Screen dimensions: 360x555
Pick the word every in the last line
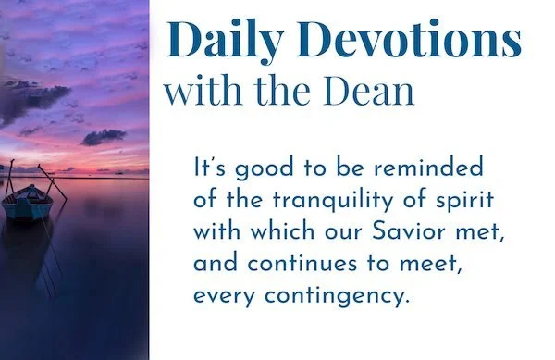pyautogui.click(x=219, y=298)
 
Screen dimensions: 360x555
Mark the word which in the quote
pyautogui.click(x=276, y=231)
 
